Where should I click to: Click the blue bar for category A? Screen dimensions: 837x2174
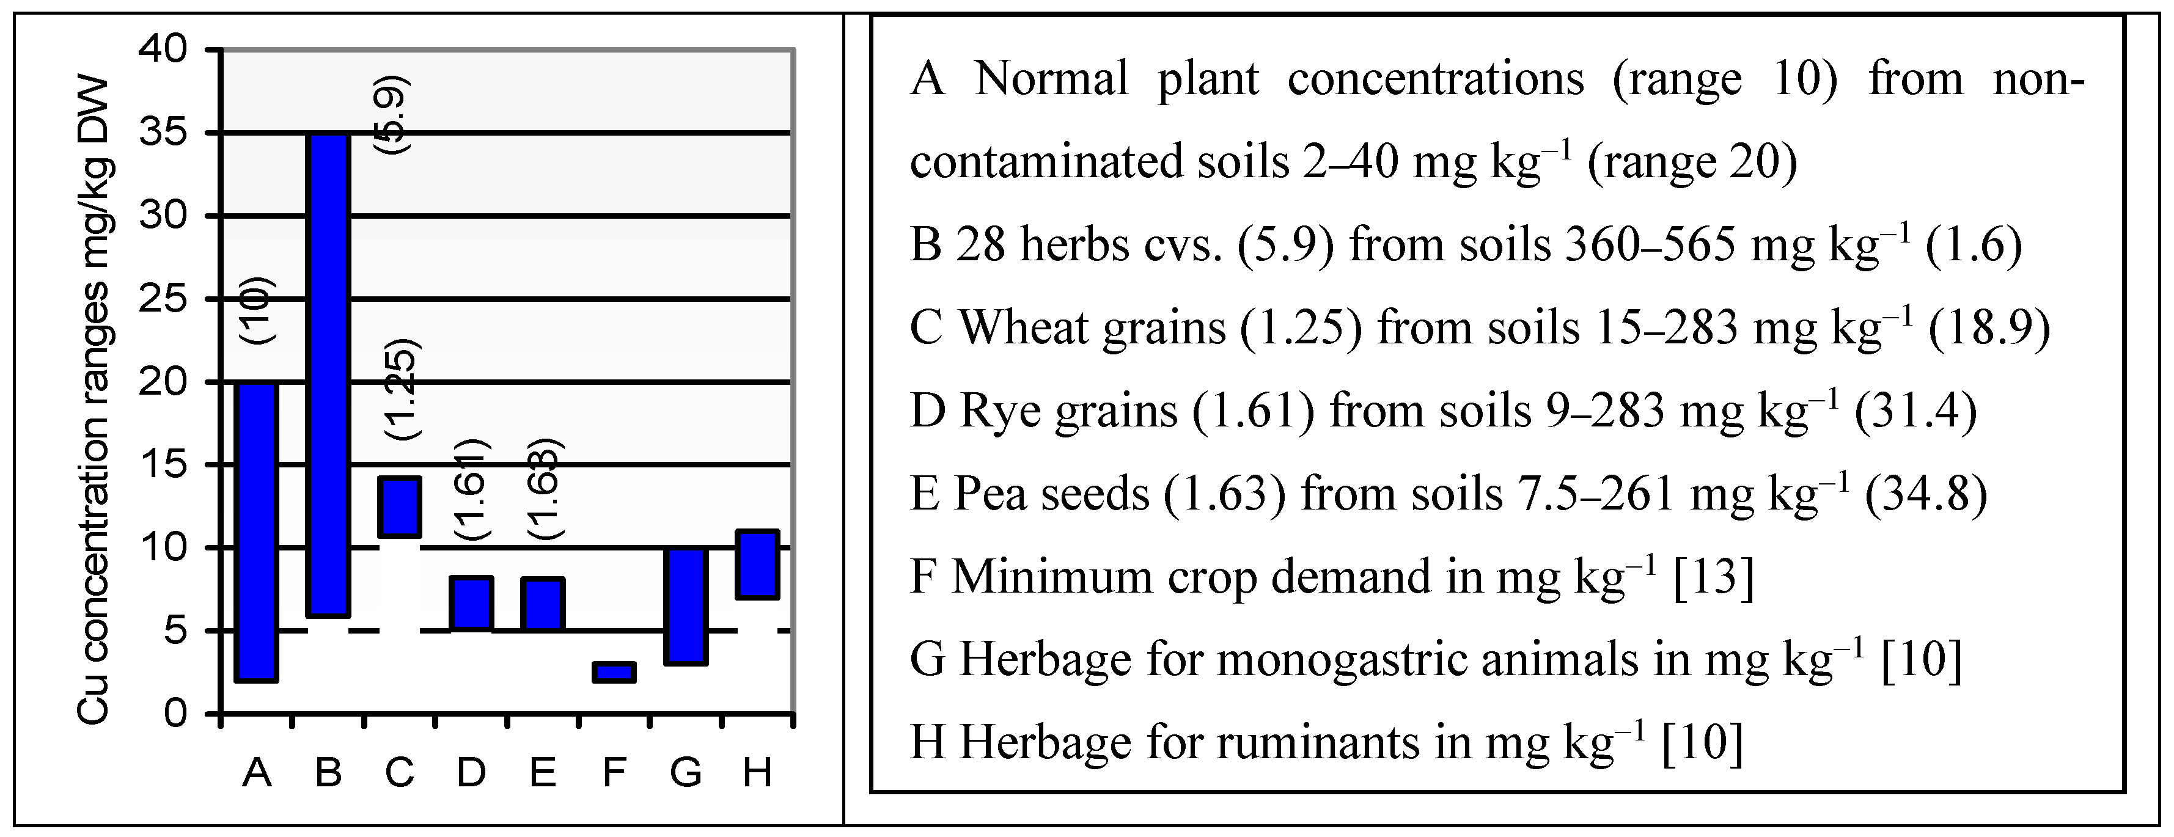click(257, 532)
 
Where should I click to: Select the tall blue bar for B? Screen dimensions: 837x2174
click(328, 375)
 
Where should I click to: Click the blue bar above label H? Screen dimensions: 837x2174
click(758, 565)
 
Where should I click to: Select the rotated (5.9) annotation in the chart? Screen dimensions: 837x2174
click(393, 114)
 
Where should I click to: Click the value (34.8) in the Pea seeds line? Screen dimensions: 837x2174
click(1925, 494)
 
